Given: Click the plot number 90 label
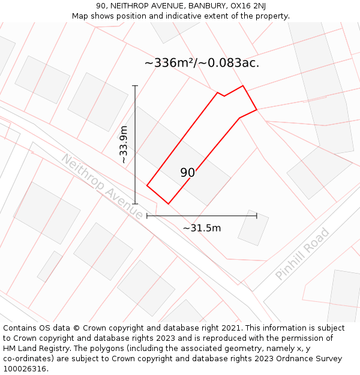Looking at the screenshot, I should tap(187, 173).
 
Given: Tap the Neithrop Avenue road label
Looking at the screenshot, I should tap(102, 187).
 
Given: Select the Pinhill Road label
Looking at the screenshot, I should tap(302, 253).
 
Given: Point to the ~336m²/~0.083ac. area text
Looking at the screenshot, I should tap(202, 63).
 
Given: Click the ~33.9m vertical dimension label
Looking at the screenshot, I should tap(123, 145).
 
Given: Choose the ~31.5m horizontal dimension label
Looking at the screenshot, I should tap(202, 228).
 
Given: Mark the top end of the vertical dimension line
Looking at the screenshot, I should tap(135, 86).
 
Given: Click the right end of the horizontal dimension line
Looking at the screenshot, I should tap(257, 216).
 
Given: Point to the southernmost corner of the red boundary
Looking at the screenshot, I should tap(168, 204).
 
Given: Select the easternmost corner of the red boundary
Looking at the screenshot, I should tap(257, 110).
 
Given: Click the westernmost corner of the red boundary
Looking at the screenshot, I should tap(147, 186).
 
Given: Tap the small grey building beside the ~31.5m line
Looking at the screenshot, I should tap(253, 227).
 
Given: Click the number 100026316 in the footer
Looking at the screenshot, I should tap(25, 369).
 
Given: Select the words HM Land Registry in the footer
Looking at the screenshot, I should tap(34, 349).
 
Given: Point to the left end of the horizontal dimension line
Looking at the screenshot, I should tap(147, 216).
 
